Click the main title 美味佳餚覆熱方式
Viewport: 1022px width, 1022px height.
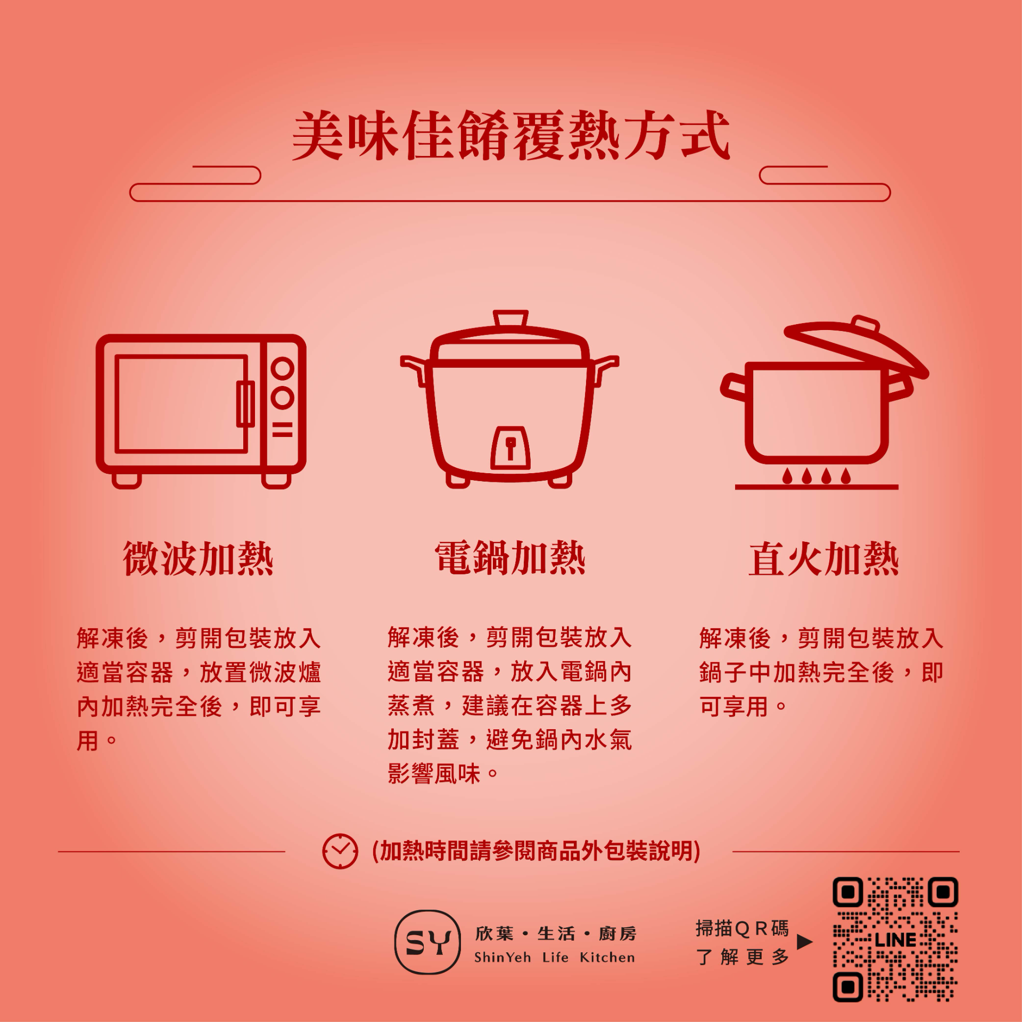(x=511, y=135)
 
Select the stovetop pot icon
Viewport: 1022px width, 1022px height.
(x=824, y=402)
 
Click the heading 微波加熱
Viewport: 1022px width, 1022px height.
(x=198, y=558)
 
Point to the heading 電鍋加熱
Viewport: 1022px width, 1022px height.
(x=510, y=558)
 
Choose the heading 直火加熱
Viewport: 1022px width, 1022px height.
(x=823, y=559)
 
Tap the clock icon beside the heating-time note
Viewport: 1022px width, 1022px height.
(x=340, y=851)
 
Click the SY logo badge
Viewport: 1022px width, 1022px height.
(x=427, y=942)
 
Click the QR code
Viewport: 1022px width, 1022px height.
(x=895, y=939)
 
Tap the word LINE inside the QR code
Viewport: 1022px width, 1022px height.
(x=895, y=940)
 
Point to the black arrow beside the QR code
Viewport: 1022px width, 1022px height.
(x=805, y=942)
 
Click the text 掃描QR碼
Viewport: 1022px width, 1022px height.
(x=742, y=928)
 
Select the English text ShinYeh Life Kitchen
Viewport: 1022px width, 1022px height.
(x=554, y=958)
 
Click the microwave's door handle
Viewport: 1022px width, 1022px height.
(x=245, y=403)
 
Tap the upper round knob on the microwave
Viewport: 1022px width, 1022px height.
(x=283, y=368)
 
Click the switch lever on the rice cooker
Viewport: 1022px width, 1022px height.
(x=510, y=448)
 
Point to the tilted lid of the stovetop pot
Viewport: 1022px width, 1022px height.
(x=857, y=346)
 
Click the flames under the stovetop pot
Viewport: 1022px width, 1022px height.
(x=817, y=475)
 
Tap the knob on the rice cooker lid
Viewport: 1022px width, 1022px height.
(x=511, y=318)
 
